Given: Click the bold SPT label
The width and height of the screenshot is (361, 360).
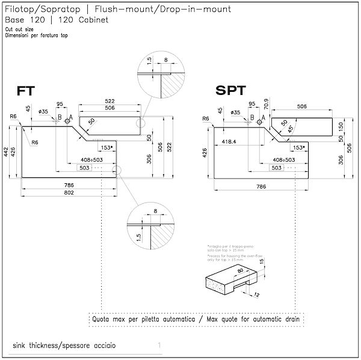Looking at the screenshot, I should click(230, 91).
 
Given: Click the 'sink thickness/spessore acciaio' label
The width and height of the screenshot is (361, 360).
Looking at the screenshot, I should click(63, 346).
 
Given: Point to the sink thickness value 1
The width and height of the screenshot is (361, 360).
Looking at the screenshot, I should click(159, 346).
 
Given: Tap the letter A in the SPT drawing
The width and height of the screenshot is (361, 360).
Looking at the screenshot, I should click(263, 118).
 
